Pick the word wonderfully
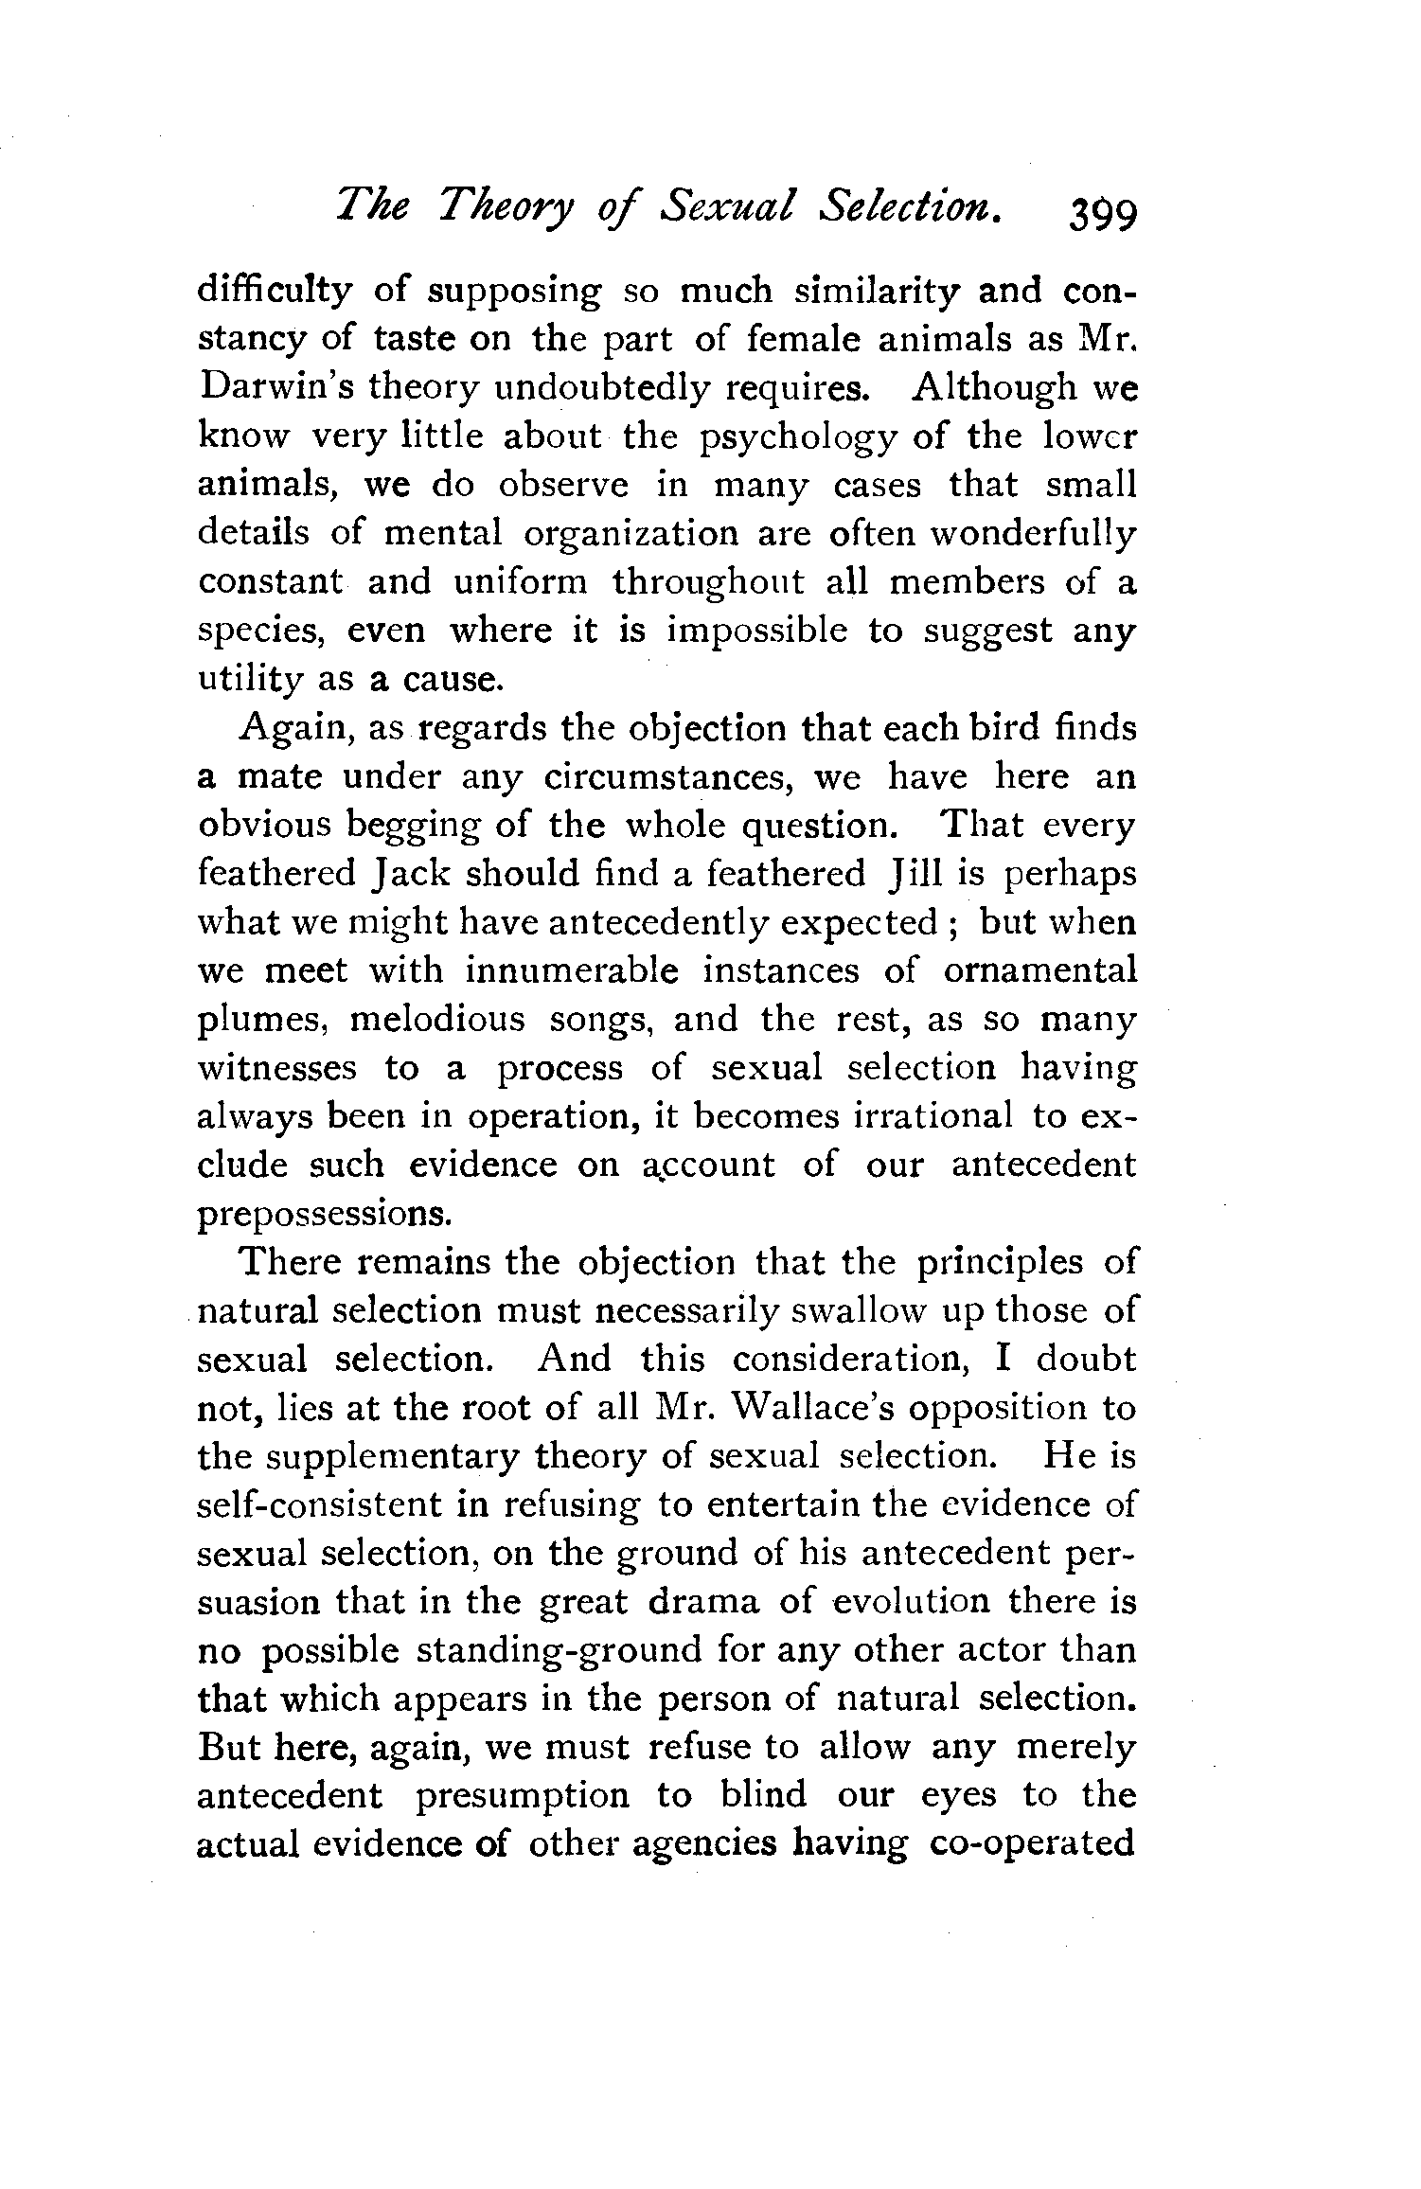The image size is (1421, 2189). click(1033, 534)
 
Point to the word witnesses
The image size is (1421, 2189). click(277, 1068)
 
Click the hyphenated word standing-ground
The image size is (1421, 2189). click(560, 1650)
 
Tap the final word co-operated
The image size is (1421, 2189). click(1034, 1843)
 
